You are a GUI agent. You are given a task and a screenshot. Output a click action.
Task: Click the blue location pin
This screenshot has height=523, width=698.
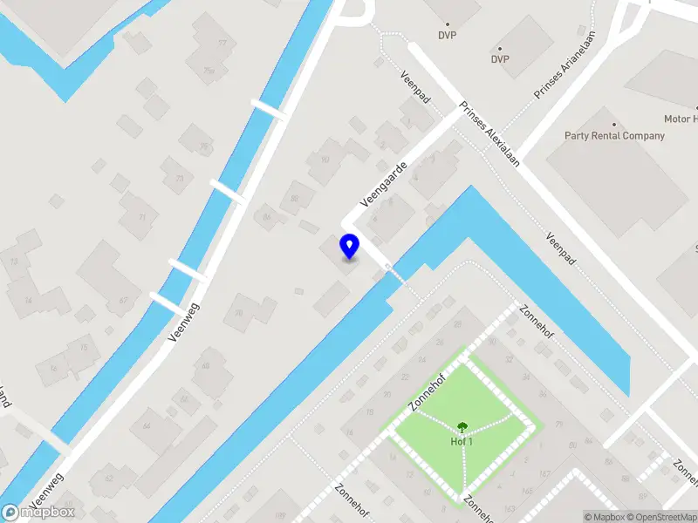pos(349,246)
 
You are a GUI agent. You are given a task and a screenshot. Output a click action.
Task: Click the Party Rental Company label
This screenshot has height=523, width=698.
pos(614,136)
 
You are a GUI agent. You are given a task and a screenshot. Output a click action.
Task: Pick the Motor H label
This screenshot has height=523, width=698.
pos(681,119)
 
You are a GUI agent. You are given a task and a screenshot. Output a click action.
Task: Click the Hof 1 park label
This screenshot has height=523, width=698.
pos(461,440)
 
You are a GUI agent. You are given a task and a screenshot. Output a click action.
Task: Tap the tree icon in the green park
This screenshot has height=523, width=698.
pos(461,426)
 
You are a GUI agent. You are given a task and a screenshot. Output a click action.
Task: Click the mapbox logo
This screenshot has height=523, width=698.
pos(38,513)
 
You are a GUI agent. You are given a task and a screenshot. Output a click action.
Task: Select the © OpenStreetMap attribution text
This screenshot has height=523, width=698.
pos(662,517)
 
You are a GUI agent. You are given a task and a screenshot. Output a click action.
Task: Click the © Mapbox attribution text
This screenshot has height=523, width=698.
pos(606,517)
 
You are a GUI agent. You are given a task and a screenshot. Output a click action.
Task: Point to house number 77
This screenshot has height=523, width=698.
pos(222,43)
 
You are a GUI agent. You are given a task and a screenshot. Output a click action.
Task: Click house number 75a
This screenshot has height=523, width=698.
pos(209,71)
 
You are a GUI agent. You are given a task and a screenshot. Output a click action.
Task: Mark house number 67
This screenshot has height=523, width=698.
pos(123,300)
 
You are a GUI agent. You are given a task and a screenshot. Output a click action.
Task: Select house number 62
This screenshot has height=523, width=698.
pos(109,478)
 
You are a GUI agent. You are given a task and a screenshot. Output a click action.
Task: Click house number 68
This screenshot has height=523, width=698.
pos(206,366)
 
